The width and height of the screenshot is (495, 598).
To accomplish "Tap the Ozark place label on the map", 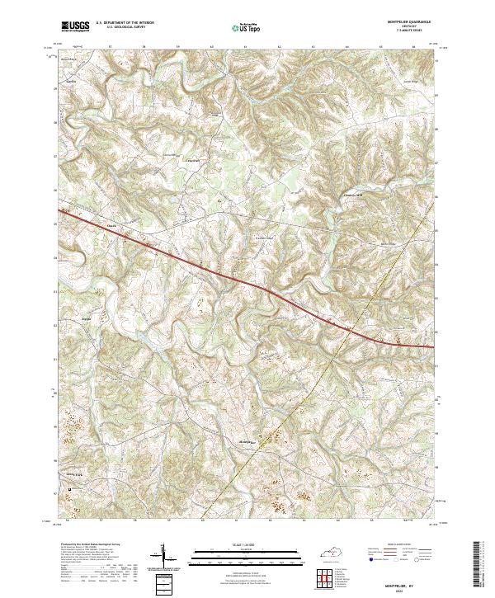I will (x=111, y=223).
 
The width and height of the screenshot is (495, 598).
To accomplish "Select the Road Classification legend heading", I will (x=404, y=545).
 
